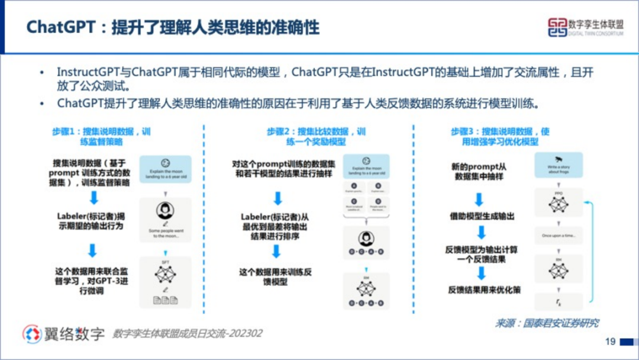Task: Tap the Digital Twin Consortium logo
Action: (x=585, y=27)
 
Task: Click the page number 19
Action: (x=610, y=342)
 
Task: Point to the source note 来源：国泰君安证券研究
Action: (x=547, y=323)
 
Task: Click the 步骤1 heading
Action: (x=101, y=137)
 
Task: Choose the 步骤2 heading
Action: (x=317, y=137)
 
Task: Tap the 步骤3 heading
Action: (x=501, y=137)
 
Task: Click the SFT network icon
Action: (x=166, y=274)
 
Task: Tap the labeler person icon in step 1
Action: (x=165, y=211)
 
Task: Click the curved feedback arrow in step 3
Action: (x=592, y=249)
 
